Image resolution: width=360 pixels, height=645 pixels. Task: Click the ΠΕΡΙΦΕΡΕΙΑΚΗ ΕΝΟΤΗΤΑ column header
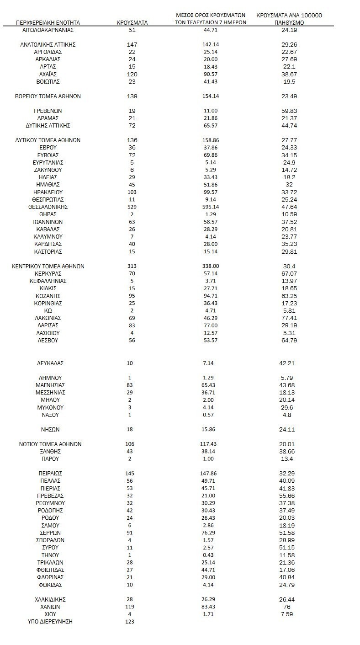click(48, 22)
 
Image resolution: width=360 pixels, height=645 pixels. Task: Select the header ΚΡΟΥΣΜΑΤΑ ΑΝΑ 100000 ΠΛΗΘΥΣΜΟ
click(289, 18)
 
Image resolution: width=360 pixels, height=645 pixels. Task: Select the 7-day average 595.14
click(210, 207)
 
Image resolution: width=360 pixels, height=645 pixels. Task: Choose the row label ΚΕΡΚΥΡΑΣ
click(48, 274)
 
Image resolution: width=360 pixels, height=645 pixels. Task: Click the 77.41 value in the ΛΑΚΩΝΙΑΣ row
click(289, 318)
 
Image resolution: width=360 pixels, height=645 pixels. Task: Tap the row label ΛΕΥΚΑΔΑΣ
click(50, 363)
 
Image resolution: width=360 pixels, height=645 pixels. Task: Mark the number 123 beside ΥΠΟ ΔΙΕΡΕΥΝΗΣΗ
click(130, 622)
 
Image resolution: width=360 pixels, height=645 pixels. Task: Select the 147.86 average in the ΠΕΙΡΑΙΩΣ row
click(210, 474)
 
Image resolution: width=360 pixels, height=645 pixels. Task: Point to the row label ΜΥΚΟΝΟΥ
click(50, 408)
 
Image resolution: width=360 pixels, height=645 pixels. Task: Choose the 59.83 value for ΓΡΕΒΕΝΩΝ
click(289, 111)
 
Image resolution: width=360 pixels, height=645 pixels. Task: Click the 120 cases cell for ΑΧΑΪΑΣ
click(132, 75)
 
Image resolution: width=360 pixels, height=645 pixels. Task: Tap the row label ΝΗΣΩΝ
click(50, 430)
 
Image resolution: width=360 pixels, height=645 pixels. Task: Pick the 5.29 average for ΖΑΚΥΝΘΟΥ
click(210, 170)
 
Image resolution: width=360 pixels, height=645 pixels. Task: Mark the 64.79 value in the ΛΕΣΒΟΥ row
click(289, 341)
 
